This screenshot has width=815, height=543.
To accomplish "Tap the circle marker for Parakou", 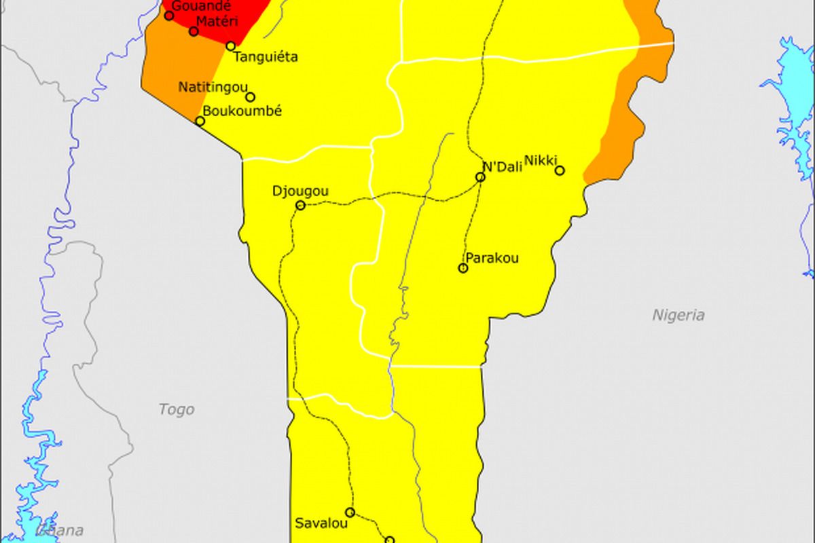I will coord(463,268).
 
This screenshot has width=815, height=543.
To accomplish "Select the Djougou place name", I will coord(300,191).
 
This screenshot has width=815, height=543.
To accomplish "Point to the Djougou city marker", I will coord(300,205).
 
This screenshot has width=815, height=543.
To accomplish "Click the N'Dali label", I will coord(502,166).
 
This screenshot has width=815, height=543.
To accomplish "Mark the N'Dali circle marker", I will coord(480,177).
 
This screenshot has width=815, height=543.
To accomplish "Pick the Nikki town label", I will coord(541,160).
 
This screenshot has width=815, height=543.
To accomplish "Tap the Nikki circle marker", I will coord(560,170).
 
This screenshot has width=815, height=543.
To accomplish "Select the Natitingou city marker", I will coord(250,97).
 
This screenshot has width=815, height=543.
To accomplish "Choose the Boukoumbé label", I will coord(242,111).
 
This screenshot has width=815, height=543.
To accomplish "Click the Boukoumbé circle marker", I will coord(200,121).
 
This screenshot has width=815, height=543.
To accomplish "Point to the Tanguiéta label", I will coord(266,57).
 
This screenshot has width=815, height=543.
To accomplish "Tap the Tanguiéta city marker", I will coord(230,46).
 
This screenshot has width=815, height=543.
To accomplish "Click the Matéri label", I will coord(217,22).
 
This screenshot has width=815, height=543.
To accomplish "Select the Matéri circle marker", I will coord(194,31).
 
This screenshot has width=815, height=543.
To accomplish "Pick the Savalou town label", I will coord(321,523).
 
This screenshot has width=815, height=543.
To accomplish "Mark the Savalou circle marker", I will coord(350,512).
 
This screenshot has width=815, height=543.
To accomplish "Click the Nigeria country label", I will coord(678,315).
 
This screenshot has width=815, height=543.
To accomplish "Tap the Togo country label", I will coord(176,409).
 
